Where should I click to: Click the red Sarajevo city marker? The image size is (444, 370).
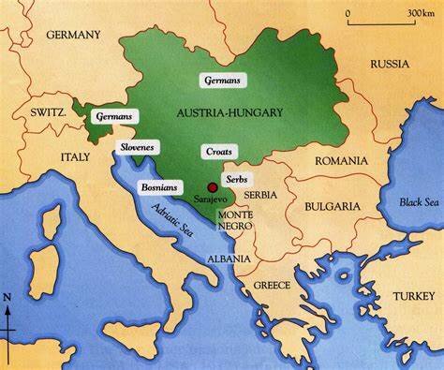[x=199, y=188]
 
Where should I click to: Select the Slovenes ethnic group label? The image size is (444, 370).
[x=138, y=147]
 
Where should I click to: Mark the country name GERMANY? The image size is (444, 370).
[x=72, y=35]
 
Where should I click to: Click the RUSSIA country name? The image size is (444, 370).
[x=389, y=64]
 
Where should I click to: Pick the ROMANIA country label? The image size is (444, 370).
[x=341, y=160]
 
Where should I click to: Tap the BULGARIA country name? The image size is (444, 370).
[x=330, y=205]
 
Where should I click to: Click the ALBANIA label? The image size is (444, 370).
[x=229, y=259]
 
